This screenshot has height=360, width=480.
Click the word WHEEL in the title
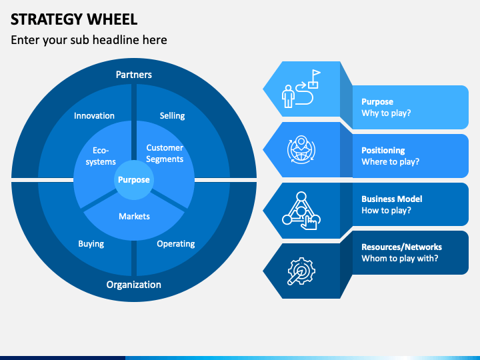point(112,19)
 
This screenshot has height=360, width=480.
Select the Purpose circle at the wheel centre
point(134,180)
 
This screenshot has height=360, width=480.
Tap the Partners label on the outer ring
point(134,75)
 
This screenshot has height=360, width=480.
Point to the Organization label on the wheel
point(134,285)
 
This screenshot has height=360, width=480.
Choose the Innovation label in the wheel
point(94,116)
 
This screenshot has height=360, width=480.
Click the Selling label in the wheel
point(173,116)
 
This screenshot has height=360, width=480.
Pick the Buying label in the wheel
point(91,244)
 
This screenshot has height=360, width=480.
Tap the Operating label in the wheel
point(176,244)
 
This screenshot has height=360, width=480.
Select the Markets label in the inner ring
point(135,217)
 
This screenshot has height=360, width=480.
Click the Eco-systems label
point(101,156)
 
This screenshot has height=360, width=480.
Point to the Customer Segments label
point(165,153)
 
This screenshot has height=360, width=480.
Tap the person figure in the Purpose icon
point(288,97)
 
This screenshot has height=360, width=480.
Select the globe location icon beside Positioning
point(301,150)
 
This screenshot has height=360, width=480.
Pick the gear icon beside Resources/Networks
point(301,271)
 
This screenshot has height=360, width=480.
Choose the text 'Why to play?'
point(386,113)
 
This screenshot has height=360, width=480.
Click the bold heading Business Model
point(392,199)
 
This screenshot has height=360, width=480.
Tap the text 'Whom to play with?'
point(400,259)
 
